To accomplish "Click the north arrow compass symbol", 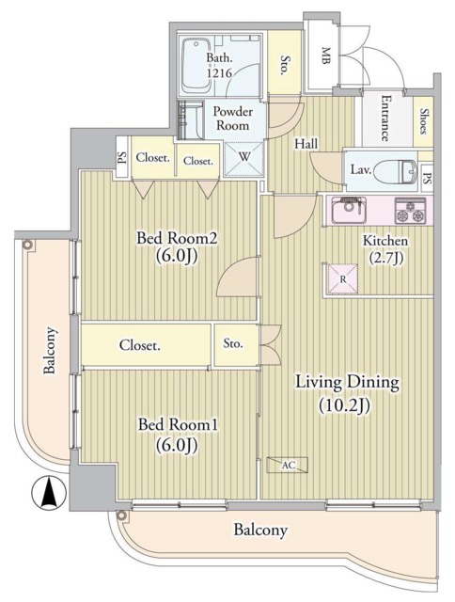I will (x=44, y=491).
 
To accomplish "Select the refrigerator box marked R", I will (x=343, y=279).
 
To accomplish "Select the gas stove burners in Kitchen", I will (x=411, y=211).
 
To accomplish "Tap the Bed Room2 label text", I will (x=177, y=248).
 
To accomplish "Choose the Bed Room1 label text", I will (x=177, y=435).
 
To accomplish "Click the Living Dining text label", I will (x=348, y=392).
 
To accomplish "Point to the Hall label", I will (x=306, y=144).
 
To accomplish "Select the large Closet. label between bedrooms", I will (x=139, y=345).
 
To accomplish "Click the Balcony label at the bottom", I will (x=259, y=531).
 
